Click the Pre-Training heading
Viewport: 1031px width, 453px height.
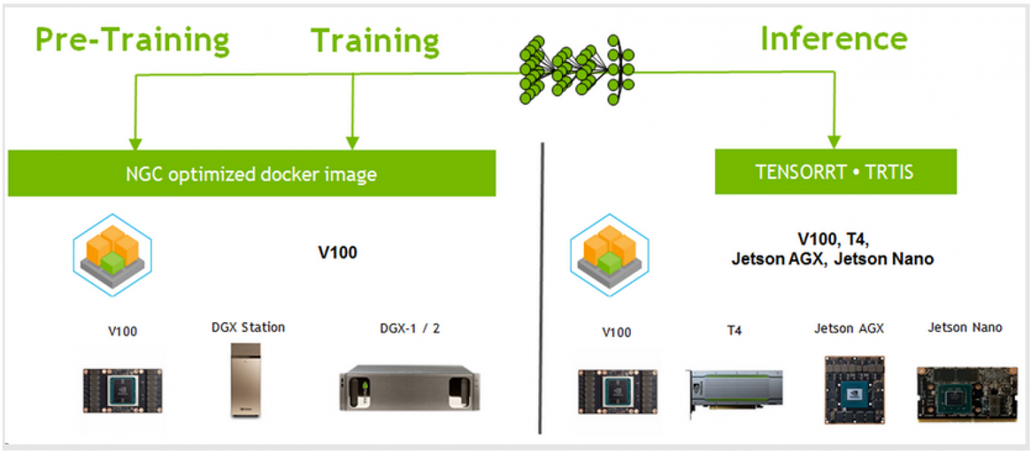(132, 40)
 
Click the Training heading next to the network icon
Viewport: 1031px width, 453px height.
(375, 42)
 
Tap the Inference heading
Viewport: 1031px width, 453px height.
(834, 39)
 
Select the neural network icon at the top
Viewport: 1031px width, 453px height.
(577, 70)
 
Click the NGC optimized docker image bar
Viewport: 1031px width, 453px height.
(252, 174)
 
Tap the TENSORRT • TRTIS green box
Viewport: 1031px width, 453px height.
(836, 172)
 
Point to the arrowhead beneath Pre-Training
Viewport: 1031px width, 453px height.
(135, 144)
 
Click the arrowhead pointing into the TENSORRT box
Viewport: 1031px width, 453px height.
(834, 142)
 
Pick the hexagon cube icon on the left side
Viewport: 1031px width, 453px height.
(112, 255)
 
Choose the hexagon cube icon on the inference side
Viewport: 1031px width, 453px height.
(609, 255)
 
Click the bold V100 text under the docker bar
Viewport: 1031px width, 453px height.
(338, 252)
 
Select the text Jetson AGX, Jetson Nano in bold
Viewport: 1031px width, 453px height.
(832, 259)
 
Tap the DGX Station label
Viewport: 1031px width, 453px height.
(248, 328)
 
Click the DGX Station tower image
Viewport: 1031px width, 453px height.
(245, 381)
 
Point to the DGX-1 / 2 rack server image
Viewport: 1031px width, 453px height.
(409, 388)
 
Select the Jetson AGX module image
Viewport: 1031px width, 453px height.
(854, 389)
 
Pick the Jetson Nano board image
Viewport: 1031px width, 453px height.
(967, 394)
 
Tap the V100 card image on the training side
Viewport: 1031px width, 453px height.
(122, 391)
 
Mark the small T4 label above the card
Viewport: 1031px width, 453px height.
(734, 331)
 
